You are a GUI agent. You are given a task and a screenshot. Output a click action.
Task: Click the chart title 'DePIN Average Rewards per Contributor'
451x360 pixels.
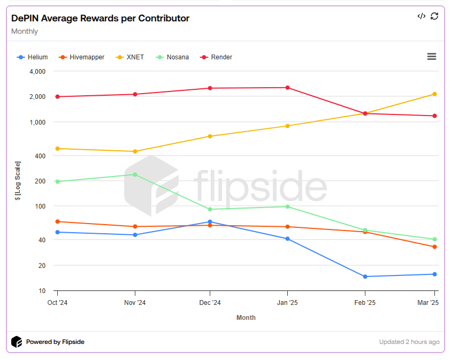coord(100,18)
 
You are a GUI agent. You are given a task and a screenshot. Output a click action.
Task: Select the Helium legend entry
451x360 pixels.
coord(33,57)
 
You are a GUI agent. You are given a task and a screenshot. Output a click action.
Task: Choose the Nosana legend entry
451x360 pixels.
coord(172,57)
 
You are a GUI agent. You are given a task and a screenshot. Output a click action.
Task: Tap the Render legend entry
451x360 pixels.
coord(216,57)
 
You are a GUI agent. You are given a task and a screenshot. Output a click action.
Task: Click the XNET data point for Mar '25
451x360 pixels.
coord(434,94)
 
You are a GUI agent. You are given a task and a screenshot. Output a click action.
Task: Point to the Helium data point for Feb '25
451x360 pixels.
coord(365,277)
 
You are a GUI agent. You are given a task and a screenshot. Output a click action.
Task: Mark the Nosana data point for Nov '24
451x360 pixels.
coord(135,174)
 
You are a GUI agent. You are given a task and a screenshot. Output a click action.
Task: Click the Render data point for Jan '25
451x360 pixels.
coord(287,88)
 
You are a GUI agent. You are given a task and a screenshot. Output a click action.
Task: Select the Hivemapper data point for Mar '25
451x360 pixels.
coord(434,247)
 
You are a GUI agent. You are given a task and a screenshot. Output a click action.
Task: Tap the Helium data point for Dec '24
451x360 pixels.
coord(210,221)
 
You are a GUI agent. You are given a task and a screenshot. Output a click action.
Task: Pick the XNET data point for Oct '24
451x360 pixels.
coord(57,148)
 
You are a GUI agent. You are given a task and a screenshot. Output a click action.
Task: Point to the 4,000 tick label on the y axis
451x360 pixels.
coord(37,71)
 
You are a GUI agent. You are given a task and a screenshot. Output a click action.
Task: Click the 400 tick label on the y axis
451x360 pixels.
coord(40,156)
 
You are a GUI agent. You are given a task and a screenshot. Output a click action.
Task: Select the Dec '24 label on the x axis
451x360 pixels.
coord(210,303)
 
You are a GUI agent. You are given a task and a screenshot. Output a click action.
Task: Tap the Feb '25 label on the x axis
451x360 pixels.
coord(365,303)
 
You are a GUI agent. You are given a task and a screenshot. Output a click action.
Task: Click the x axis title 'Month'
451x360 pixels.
coord(246,318)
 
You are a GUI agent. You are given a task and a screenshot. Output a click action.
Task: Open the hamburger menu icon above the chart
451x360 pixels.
coord(432,57)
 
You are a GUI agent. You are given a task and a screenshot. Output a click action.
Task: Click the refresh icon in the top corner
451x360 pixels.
coord(434,16)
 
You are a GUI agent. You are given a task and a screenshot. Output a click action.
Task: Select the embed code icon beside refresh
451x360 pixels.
coord(422,16)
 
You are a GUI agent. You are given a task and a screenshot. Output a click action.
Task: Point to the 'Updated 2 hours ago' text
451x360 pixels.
coord(409,342)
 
